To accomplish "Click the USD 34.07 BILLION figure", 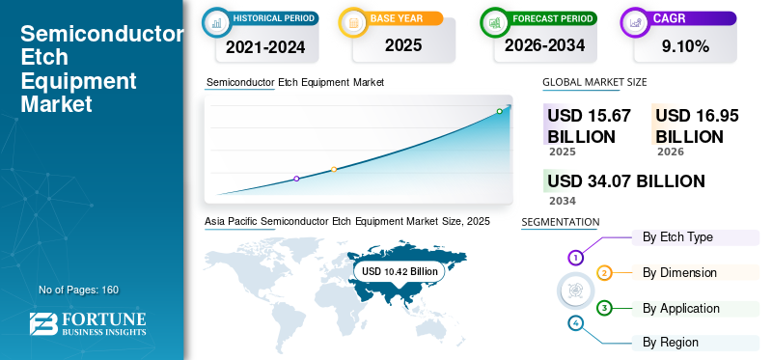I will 626,181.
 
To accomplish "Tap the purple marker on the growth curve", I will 296,179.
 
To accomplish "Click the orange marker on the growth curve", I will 334,170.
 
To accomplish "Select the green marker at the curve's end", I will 499,111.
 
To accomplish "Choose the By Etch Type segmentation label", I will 677,237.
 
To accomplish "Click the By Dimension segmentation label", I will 679,273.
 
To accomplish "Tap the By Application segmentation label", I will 681,309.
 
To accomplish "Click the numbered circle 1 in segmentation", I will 575,258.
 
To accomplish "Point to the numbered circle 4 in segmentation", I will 576,323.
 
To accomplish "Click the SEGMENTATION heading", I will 560,223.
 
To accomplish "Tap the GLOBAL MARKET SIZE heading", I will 594,83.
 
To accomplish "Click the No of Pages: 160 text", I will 78,290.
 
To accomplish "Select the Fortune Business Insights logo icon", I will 42,324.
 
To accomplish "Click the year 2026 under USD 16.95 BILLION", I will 670,152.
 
